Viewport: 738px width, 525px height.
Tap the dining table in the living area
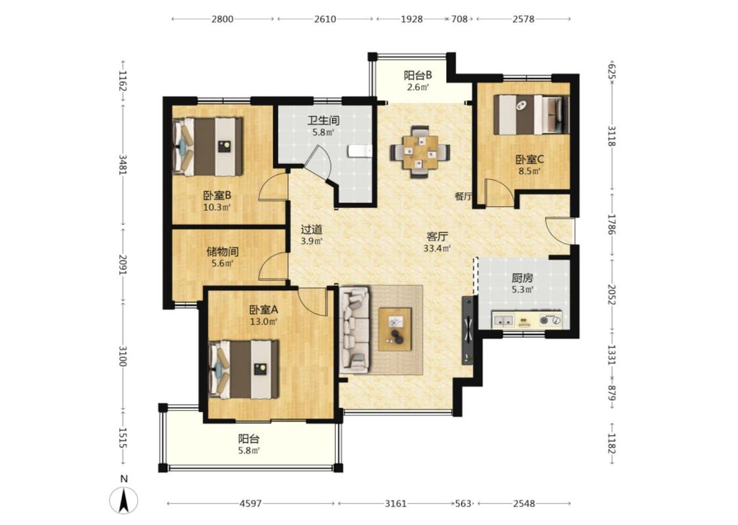click(x=420, y=152)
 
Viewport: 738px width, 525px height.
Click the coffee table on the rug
click(x=396, y=329)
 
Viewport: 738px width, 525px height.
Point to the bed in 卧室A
click(x=244, y=369)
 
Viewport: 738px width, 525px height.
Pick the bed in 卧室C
click(x=531, y=115)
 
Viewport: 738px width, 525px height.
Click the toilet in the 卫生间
click(x=360, y=151)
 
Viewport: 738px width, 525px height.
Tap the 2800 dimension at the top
click(x=222, y=19)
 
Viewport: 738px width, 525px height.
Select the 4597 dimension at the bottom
click(x=251, y=504)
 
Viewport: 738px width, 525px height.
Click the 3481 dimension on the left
click(x=123, y=165)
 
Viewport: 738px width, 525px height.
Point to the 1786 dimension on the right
click(x=611, y=224)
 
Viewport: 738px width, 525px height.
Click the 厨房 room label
click(x=522, y=278)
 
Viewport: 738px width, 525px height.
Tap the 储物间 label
click(x=222, y=252)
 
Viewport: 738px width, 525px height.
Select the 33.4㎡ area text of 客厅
click(x=438, y=249)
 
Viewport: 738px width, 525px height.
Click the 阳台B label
click(x=418, y=75)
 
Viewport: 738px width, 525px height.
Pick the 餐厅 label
click(x=463, y=197)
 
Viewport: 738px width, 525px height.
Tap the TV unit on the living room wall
click(x=468, y=331)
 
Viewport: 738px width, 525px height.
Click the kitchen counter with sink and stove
click(x=527, y=320)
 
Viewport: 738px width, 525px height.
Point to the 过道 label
click(x=312, y=230)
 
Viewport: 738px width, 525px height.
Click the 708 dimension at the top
click(x=460, y=19)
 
